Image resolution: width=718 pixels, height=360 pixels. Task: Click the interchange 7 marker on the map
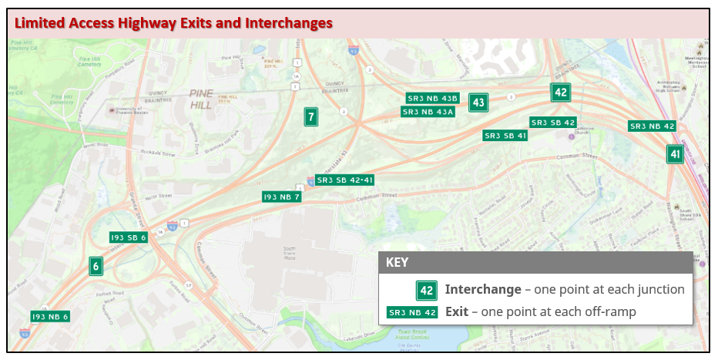pos(311,117)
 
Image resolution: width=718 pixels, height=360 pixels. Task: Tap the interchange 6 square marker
pos(96,267)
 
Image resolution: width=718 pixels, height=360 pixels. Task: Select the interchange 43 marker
pos(478,103)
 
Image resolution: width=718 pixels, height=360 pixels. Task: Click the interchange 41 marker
pos(675,154)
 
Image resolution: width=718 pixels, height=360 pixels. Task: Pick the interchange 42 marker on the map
pos(561,93)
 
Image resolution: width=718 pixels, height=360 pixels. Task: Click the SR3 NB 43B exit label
pos(433,98)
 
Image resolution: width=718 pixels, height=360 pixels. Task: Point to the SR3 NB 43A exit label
pos(428,112)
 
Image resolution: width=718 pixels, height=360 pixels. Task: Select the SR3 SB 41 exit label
pos(505,136)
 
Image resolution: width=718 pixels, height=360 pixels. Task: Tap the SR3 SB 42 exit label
pos(553,123)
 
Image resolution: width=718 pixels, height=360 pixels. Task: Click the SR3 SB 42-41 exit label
pos(345,180)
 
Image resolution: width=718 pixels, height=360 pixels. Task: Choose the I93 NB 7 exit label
pos(282,197)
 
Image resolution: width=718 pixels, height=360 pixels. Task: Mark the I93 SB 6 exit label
pos(129,237)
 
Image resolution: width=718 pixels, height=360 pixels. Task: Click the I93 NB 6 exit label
pos(51,316)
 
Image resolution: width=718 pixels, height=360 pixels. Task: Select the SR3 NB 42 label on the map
pos(653,126)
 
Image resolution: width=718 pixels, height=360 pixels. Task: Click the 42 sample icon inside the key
pos(427,291)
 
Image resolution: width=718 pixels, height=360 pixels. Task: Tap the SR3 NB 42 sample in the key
pos(413,312)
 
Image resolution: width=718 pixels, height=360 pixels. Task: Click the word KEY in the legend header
pos(397,262)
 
